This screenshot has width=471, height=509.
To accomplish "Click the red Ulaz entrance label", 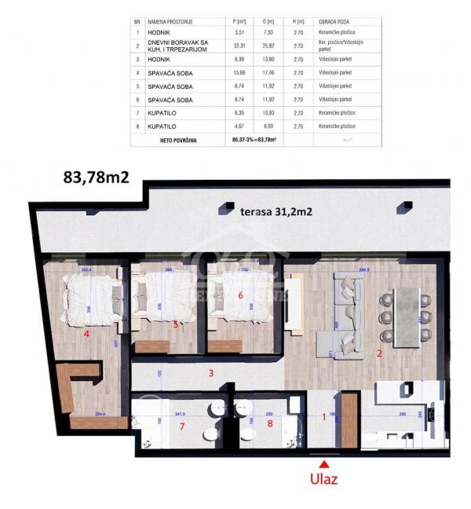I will (323, 478).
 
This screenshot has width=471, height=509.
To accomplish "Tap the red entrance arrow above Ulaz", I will (323, 461).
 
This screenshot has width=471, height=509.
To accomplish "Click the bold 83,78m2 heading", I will (96, 178).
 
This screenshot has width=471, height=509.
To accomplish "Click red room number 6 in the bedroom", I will (241, 295).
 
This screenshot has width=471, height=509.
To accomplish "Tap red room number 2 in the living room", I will (379, 353).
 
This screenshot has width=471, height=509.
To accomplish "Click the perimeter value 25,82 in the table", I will (269, 46).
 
